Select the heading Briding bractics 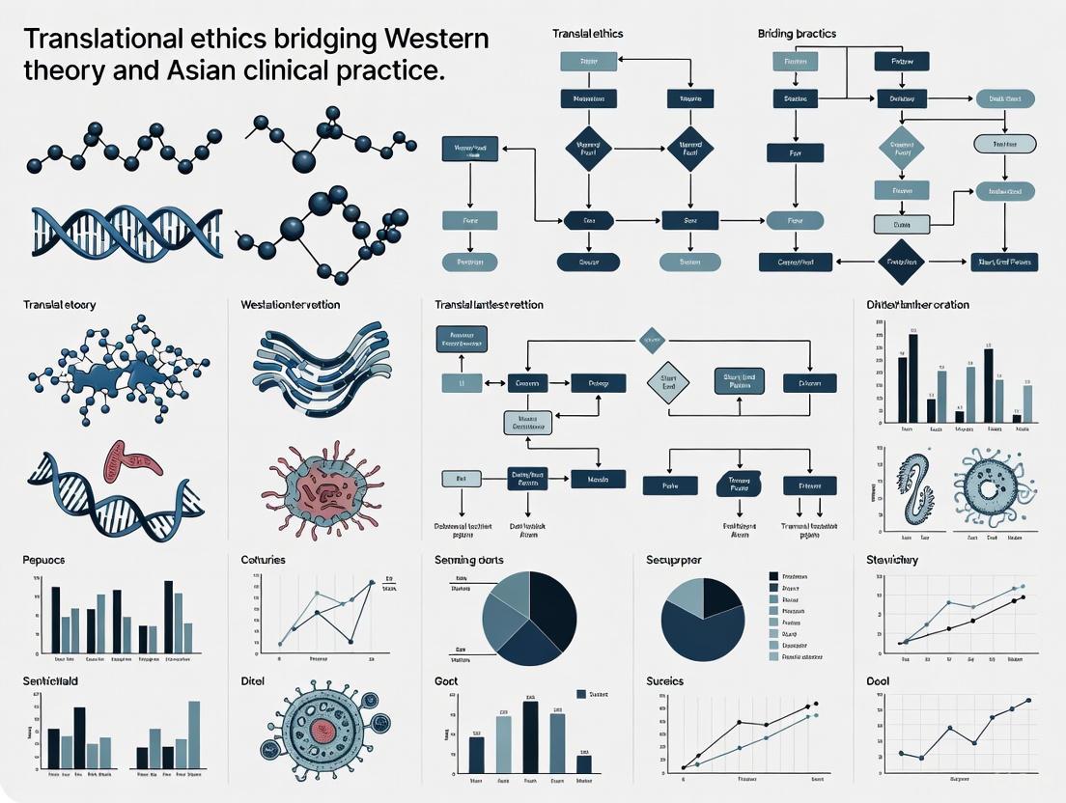point(797,34)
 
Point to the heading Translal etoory point(60,305)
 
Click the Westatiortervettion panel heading point(290,305)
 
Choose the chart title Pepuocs point(44,560)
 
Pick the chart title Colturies point(263,560)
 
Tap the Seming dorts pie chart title point(469,560)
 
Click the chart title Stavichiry point(892,560)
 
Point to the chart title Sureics point(664,681)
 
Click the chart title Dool point(879,681)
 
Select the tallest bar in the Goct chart point(530,737)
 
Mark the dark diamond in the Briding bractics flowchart point(900,261)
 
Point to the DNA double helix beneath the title point(126,232)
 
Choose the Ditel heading point(253,681)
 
